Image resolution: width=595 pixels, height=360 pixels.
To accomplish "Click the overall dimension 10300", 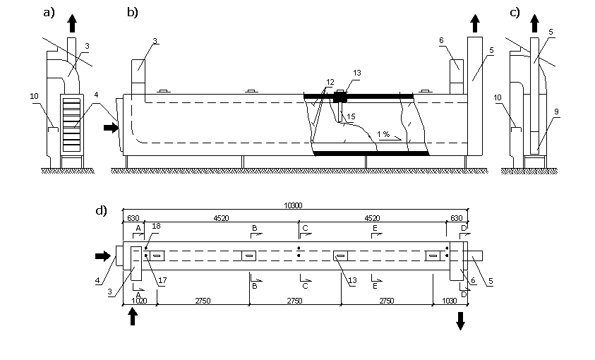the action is point(293,205).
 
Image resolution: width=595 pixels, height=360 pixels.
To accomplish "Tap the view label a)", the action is point(49,13).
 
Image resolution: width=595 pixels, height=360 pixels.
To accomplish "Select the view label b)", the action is point(133,13).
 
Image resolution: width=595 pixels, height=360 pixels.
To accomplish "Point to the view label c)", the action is point(515,13).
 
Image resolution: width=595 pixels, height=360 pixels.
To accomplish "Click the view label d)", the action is point(102,210).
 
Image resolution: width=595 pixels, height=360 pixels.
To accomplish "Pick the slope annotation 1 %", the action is point(383,134).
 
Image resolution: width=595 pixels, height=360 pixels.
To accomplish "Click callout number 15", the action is point(351,116).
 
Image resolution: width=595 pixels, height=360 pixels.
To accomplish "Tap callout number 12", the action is point(330,82).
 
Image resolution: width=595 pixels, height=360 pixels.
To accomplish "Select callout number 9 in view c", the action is point(556,112).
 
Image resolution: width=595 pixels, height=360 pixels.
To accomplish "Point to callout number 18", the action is point(156,226).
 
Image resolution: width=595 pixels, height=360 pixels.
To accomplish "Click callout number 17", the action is point(162,280).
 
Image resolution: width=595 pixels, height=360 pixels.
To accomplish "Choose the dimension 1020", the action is point(139,301).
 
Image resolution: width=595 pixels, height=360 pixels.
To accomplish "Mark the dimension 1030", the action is point(450,301).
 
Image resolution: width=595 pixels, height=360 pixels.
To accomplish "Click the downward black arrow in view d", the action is point(460,321).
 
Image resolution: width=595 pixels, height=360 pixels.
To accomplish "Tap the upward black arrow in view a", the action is point(72,23).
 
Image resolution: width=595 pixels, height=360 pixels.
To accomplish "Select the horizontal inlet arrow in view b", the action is point(112,128).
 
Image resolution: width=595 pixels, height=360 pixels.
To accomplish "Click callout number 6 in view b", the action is point(441,40).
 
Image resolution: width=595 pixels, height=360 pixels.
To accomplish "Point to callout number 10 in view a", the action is point(34,96).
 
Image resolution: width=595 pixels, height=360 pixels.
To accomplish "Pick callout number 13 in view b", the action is point(356,73).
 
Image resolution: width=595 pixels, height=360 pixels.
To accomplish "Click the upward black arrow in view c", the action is point(535,23).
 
